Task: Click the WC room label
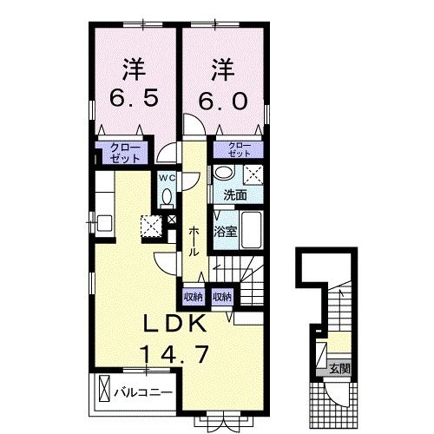168,179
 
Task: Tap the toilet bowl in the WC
167,197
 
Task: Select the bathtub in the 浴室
252,230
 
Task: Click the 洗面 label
235,195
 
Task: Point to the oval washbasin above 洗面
224,174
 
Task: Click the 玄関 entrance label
340,369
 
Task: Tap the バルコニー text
143,392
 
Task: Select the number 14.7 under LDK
174,355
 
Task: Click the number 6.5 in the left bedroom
134,97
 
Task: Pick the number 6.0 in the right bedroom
223,101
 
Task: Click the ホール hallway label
194,241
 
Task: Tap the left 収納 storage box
194,297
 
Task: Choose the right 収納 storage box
222,297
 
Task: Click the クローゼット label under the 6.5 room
125,153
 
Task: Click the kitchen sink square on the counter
104,223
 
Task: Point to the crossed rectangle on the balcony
104,388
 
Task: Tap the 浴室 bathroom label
226,232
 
